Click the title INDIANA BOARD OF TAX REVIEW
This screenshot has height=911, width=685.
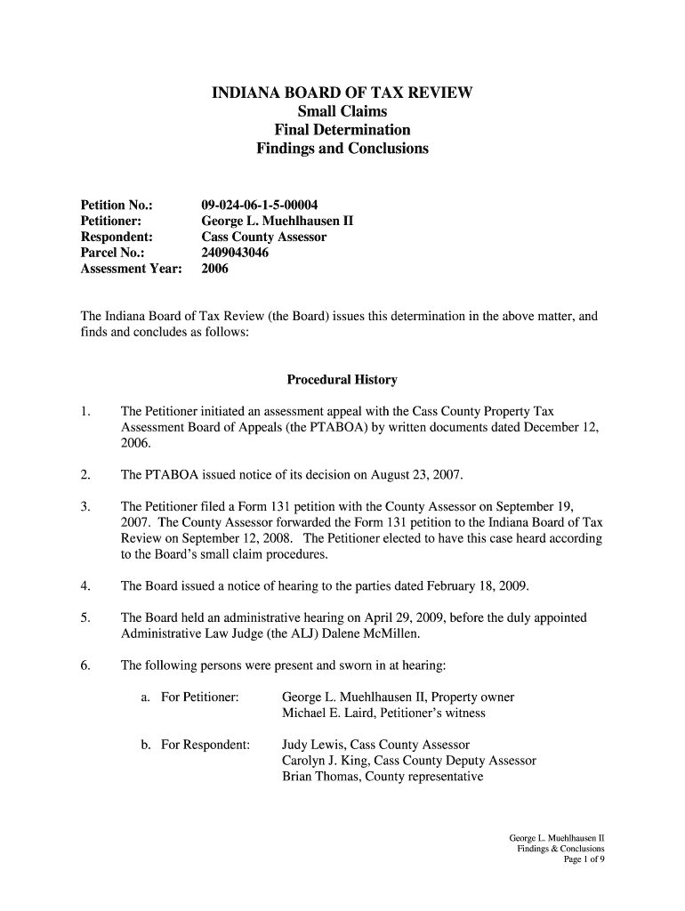[342, 93]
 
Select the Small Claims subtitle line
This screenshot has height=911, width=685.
[342, 111]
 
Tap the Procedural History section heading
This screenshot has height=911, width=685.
[342, 380]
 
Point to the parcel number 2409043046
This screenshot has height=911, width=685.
[235, 253]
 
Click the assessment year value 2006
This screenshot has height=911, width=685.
[215, 269]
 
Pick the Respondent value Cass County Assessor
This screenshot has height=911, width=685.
[264, 237]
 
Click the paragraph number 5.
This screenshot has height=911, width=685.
[85, 617]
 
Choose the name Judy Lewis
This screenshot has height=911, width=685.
[312, 745]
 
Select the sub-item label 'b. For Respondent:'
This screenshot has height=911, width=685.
[195, 745]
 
